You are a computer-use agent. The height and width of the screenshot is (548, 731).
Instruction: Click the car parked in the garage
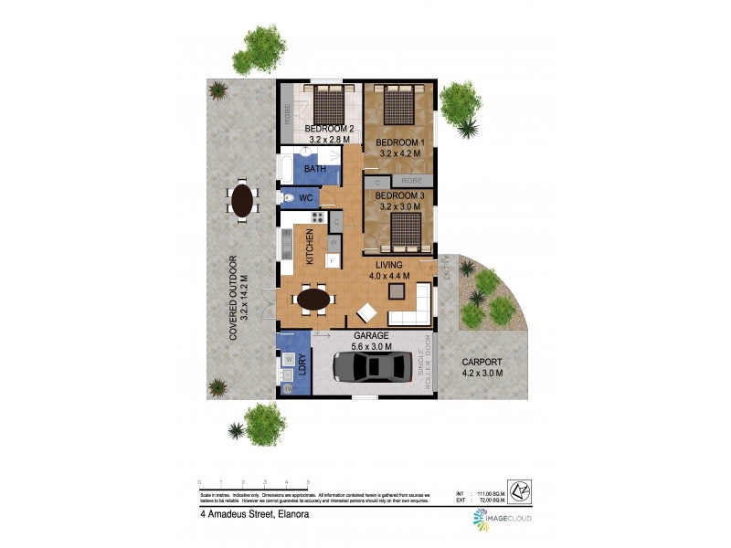pyautogui.click(x=371, y=366)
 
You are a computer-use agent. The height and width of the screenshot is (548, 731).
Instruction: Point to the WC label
pyautogui.click(x=306, y=197)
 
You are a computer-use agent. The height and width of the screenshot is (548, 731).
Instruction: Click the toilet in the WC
pyautogui.click(x=286, y=197)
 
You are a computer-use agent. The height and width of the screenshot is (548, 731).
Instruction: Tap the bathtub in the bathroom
pyautogui.click(x=285, y=168)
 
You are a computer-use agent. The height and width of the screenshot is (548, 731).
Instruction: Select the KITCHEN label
pyautogui.click(x=311, y=248)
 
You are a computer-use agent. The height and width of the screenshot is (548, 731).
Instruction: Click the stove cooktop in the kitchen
pyautogui.click(x=317, y=217)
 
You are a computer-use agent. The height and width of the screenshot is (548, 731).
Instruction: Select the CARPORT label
pyautogui.click(x=482, y=362)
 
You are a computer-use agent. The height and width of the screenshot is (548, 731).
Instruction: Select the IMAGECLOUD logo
pyautogui.click(x=502, y=519)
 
